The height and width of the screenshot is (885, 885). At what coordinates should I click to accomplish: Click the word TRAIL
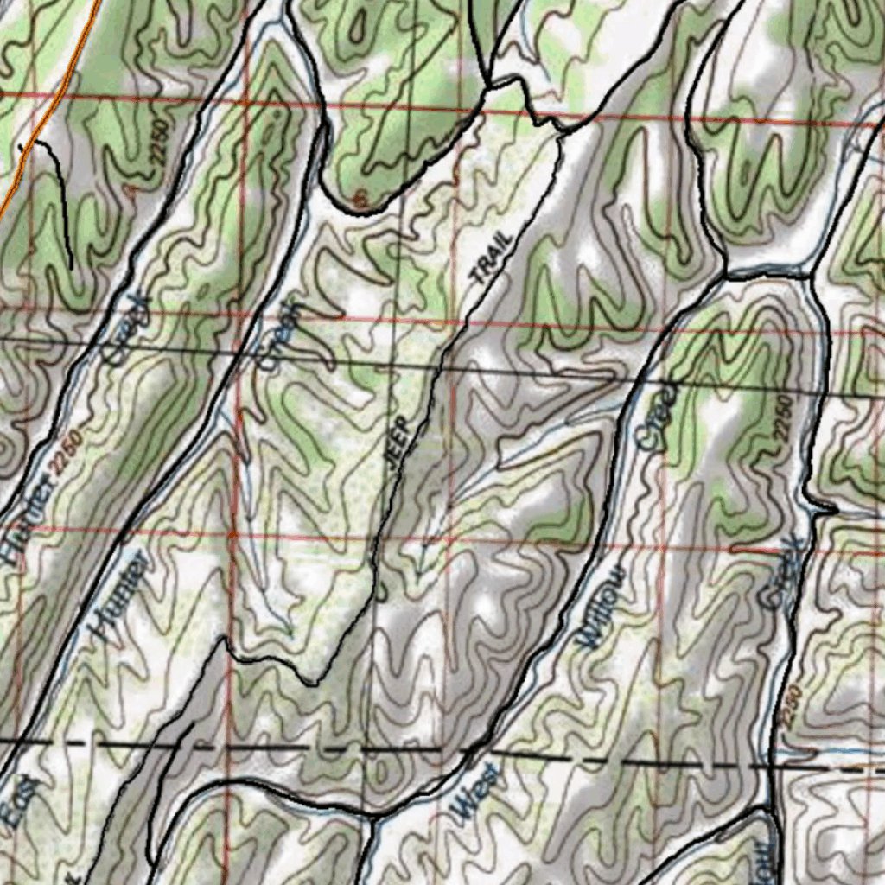click(x=492, y=259)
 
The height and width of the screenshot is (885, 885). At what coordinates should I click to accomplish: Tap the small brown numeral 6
click(x=362, y=201)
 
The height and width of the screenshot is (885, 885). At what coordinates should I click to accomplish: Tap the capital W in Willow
click(x=590, y=638)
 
